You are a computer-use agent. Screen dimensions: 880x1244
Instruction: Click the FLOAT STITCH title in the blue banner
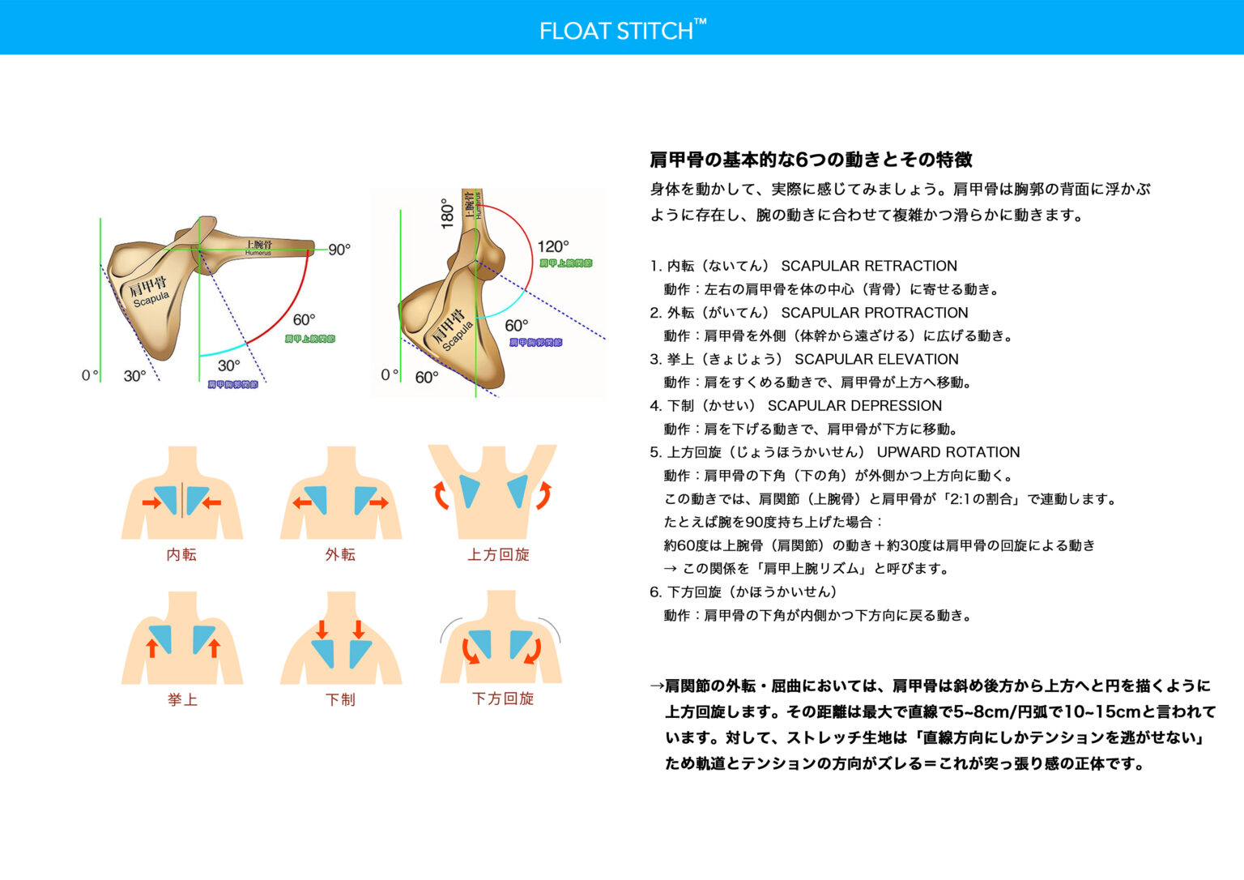[622, 31]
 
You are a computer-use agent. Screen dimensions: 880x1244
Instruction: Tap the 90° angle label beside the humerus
[339, 250]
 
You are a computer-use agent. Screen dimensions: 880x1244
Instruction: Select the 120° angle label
[552, 246]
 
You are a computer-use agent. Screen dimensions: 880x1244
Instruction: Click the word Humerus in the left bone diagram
[258, 254]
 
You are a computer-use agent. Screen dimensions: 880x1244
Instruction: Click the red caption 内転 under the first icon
[181, 555]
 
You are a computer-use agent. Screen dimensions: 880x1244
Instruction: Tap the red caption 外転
[340, 555]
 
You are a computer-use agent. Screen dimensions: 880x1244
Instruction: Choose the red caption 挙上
[182, 699]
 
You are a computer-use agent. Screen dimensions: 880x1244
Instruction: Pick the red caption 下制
[340, 699]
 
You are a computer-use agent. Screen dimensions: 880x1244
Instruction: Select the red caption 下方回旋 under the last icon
[503, 698]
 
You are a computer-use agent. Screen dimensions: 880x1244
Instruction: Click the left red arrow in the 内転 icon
[151, 503]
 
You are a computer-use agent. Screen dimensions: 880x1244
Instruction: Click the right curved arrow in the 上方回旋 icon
[543, 494]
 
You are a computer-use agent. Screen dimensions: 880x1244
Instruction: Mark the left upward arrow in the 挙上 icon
[151, 647]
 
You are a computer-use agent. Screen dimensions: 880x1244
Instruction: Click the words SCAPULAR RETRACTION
[869, 266]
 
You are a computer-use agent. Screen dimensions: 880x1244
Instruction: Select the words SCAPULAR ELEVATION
[876, 359]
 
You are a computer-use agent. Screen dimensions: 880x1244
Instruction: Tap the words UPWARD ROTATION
[948, 452]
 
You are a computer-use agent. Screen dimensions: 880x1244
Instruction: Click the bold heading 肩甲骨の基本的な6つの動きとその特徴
[811, 160]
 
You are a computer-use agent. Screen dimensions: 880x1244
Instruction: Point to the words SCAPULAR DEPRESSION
[854, 406]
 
